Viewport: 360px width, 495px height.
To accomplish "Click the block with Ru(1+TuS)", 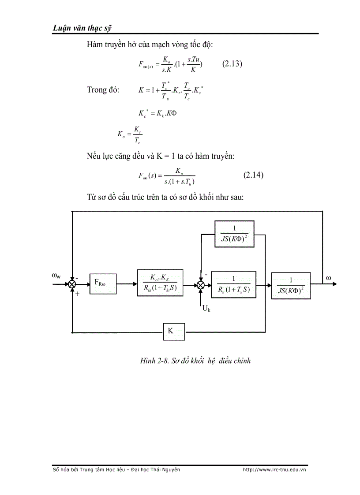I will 234,284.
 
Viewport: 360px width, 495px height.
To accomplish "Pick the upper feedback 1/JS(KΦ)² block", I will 234,234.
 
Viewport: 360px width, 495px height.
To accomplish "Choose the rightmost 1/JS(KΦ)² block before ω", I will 291,285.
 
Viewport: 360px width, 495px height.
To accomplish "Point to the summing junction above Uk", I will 201,285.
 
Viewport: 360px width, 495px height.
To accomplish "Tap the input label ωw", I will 56,276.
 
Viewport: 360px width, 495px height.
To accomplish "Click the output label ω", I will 328,278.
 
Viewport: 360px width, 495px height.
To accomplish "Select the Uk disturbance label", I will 206,309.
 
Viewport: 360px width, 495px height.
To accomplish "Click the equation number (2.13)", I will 232,63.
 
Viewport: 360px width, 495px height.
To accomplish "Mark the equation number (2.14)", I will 253,175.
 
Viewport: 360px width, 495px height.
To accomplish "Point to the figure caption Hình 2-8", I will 195,361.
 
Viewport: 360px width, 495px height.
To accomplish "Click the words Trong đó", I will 103,90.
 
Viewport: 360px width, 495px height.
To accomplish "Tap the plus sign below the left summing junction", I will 77,293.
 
